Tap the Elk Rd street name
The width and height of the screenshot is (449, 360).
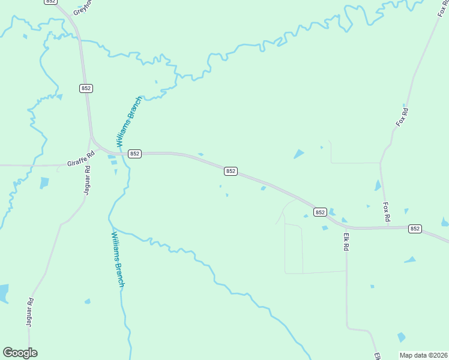click(x=346, y=242)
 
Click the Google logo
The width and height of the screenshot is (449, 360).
click(x=20, y=353)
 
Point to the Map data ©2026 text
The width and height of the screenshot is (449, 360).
click(x=423, y=355)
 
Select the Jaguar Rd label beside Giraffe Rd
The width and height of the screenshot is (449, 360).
click(x=87, y=179)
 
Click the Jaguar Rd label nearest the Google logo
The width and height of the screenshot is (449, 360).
click(x=29, y=312)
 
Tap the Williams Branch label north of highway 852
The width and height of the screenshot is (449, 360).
click(x=129, y=122)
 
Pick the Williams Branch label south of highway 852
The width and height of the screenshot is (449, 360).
click(x=117, y=259)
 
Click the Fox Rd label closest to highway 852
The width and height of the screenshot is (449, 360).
click(x=387, y=210)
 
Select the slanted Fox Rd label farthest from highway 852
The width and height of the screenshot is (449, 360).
click(x=402, y=116)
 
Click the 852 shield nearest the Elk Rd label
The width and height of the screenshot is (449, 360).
click(x=320, y=212)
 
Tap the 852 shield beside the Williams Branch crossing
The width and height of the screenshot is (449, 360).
click(x=134, y=154)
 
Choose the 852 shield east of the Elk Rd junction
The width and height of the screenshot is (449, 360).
click(x=415, y=229)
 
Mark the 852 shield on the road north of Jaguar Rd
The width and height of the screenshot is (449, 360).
click(x=86, y=88)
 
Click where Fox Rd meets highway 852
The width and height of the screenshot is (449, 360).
click(x=381, y=227)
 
